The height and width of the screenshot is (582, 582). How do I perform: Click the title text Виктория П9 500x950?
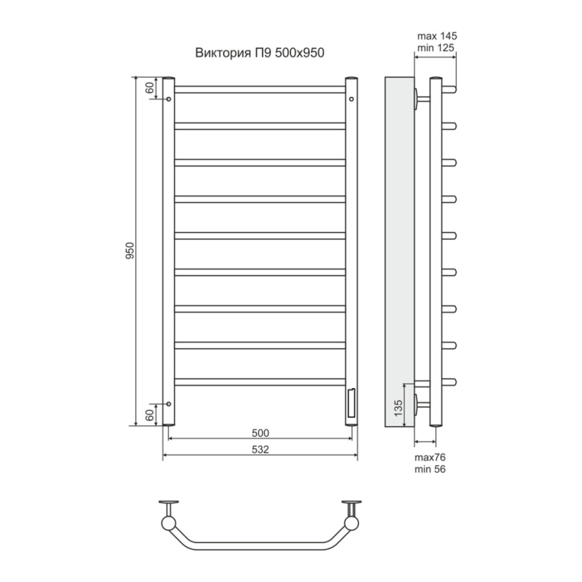(x=260, y=53)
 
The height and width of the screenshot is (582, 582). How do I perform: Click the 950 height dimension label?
(x=130, y=251)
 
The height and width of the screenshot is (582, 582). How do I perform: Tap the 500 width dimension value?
(x=260, y=433)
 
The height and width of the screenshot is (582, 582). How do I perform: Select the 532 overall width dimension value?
(x=260, y=450)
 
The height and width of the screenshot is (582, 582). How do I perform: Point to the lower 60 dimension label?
(x=149, y=415)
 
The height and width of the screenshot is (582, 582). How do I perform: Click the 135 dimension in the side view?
(x=398, y=408)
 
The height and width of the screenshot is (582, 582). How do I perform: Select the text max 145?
(x=437, y=36)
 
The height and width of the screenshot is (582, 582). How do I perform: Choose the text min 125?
(x=436, y=48)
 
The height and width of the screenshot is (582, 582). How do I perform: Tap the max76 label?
(x=430, y=458)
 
